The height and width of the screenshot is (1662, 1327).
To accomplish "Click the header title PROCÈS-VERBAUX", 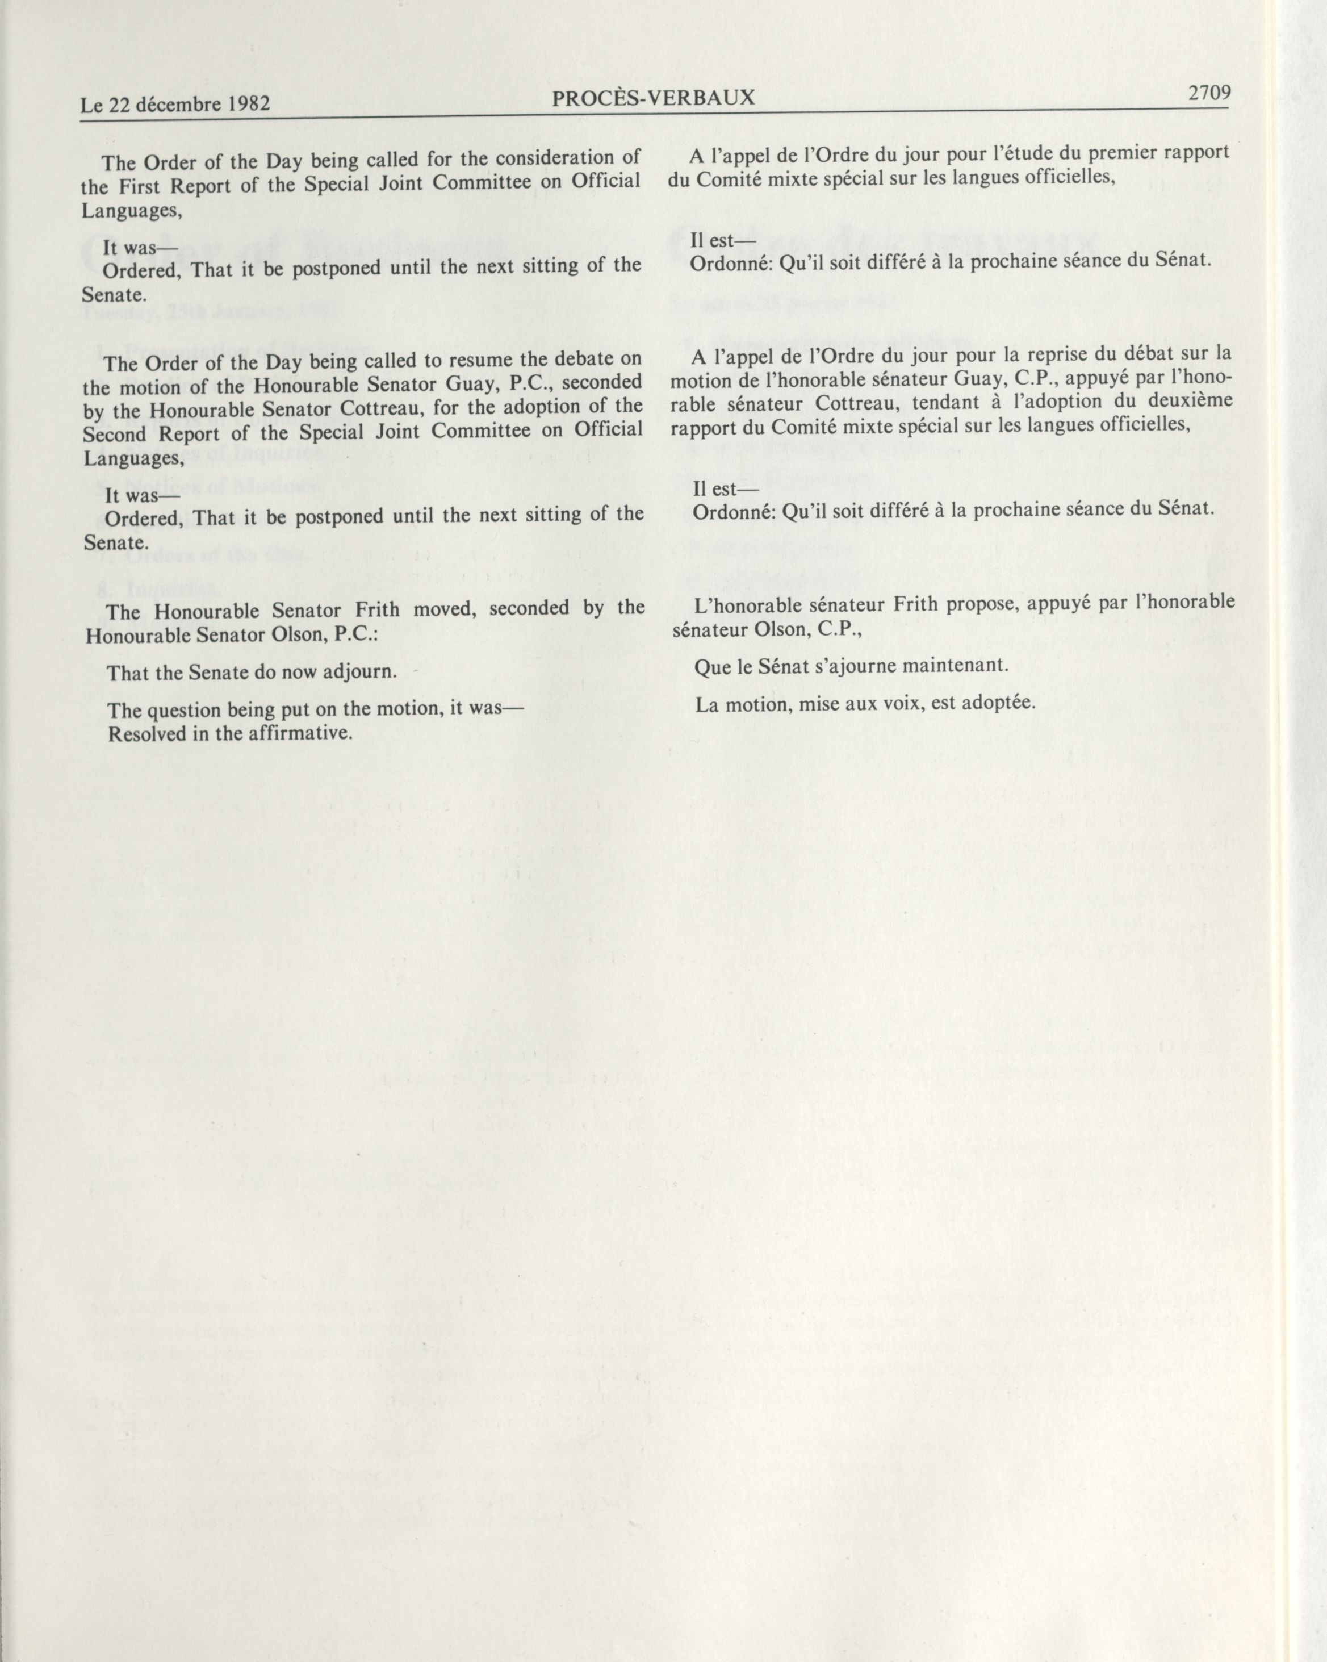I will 654,98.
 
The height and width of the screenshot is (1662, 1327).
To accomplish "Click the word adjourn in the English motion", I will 359,672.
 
